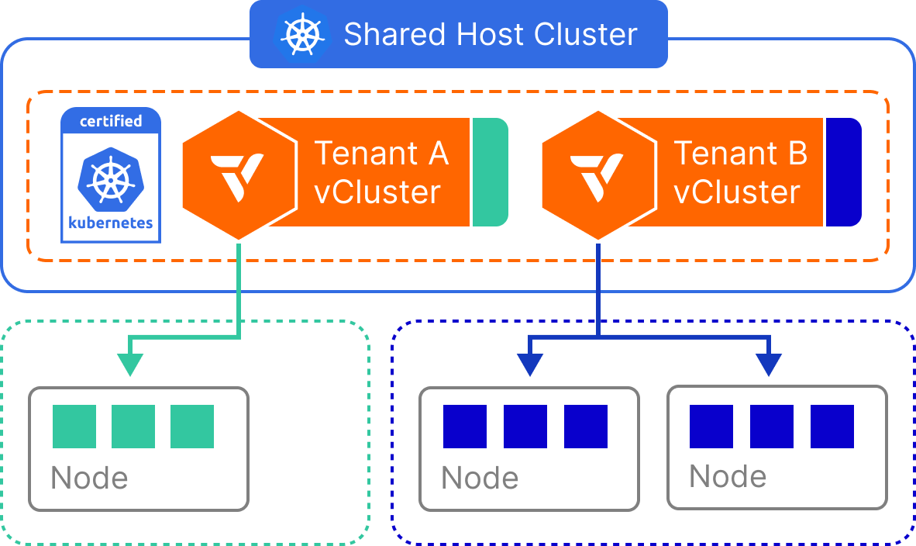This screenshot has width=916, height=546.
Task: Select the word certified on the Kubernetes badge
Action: [111, 121]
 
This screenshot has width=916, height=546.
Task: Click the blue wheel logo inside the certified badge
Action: [111, 178]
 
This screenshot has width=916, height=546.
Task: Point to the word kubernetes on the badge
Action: [111, 223]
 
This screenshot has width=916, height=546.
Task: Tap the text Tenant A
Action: [381, 154]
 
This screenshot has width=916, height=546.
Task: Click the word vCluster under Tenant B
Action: [736, 192]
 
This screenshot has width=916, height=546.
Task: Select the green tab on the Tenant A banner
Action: [489, 172]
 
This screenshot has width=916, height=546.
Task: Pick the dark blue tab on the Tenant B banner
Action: [842, 172]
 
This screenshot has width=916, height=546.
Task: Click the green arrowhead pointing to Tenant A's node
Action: [129, 365]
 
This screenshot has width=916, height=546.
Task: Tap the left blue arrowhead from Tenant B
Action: [529, 365]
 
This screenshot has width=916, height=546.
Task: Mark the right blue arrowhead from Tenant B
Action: [769, 365]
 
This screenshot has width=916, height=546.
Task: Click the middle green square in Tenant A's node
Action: [133, 427]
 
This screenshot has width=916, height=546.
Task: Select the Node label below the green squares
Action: [89, 479]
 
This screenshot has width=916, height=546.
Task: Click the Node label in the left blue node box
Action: [480, 479]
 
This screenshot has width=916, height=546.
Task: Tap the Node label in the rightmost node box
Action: [728, 476]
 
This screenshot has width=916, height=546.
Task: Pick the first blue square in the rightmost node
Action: [711, 427]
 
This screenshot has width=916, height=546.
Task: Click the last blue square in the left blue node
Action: [586, 427]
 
